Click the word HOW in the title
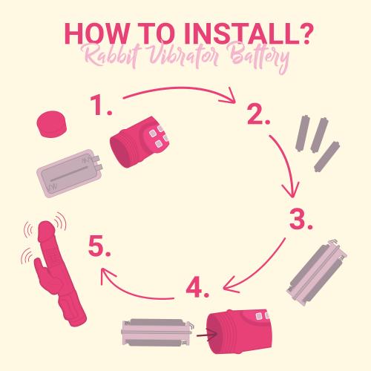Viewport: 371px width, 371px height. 96,33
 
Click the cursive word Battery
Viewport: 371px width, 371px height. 260,57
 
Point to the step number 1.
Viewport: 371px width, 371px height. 101,105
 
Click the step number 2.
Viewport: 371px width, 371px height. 258,114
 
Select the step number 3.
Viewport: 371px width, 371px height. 301,220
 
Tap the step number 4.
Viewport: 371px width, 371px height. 197,287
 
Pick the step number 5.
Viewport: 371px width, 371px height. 99,246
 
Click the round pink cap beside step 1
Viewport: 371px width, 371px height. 52,124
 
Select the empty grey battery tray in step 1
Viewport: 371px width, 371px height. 70,172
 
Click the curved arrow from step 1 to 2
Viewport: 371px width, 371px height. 180,88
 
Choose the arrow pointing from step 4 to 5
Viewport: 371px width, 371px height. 131,292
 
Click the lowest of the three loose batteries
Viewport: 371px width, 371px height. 327,157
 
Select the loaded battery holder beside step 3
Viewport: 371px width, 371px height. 317,272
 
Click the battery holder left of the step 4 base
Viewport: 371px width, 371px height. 158,332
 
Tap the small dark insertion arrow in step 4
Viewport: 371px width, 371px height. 207,335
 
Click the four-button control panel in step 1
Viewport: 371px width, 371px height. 158,137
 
